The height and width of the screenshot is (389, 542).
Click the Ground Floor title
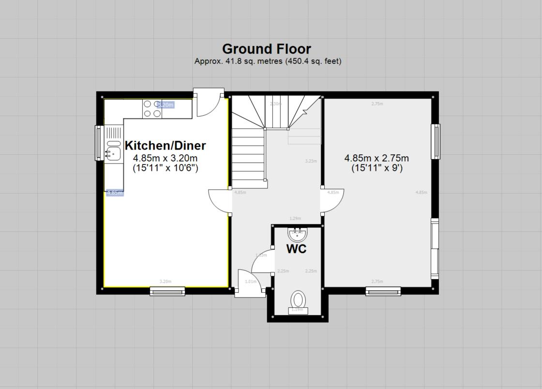(x=266, y=49)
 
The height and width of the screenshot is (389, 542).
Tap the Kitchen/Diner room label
(x=165, y=146)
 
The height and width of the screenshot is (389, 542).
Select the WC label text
(x=296, y=249)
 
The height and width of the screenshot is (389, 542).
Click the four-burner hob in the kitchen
(x=152, y=109)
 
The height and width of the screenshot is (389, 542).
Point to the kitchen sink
(x=114, y=153)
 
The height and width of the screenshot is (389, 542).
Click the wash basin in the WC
(x=297, y=235)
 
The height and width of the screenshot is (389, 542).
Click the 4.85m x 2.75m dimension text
(x=376, y=158)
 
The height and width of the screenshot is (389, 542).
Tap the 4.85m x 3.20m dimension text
(x=165, y=158)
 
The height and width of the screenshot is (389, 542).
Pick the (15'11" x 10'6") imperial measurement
(x=165, y=168)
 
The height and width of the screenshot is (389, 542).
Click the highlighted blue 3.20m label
(x=166, y=105)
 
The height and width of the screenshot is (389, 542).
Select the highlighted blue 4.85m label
(x=115, y=193)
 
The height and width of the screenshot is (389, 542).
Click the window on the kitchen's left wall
(x=99, y=143)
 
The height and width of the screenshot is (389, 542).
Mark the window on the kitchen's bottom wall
(x=167, y=291)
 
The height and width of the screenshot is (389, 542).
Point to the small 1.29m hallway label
(x=295, y=219)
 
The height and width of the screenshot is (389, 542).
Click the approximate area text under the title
(x=268, y=61)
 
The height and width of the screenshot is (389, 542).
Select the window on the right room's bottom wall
(x=383, y=291)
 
